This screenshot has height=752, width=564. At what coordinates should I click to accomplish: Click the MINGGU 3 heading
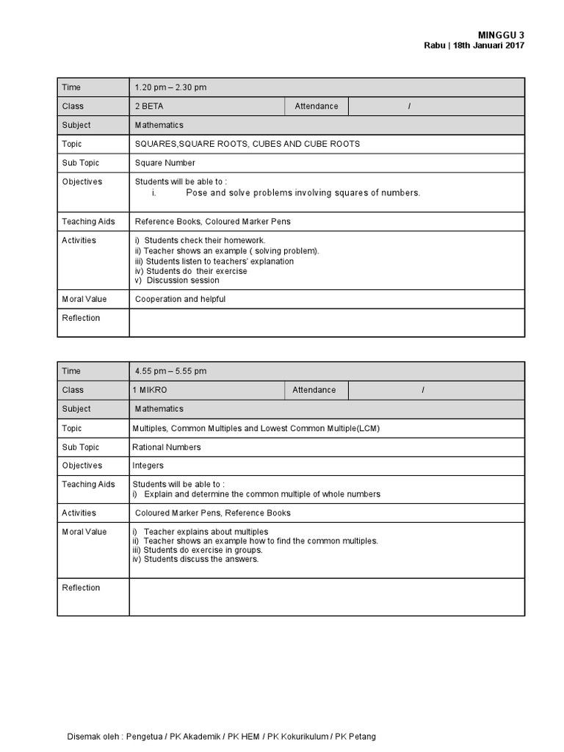tap(501, 35)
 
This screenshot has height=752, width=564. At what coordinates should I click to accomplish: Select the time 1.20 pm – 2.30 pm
tap(170, 87)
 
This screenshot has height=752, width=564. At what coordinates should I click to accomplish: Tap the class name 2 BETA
tap(149, 106)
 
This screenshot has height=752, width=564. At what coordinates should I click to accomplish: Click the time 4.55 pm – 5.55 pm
tap(170, 372)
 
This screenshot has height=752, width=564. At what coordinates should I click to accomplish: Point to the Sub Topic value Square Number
tap(165, 163)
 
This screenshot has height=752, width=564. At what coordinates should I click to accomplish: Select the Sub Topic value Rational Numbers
tap(166, 447)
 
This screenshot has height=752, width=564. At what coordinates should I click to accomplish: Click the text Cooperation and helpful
tap(180, 300)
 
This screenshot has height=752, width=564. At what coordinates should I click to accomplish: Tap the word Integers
tap(148, 466)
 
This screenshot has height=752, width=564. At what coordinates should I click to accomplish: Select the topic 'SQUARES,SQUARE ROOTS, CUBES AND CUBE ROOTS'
tap(247, 144)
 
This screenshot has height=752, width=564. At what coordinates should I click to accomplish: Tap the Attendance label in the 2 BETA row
tap(317, 106)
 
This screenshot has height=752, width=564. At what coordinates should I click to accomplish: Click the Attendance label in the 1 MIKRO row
tap(314, 390)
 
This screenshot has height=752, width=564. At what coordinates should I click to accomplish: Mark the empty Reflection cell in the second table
tap(327, 596)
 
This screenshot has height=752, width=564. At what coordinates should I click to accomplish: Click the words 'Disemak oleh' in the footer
tap(93, 737)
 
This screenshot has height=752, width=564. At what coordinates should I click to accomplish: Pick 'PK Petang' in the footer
tap(355, 737)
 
